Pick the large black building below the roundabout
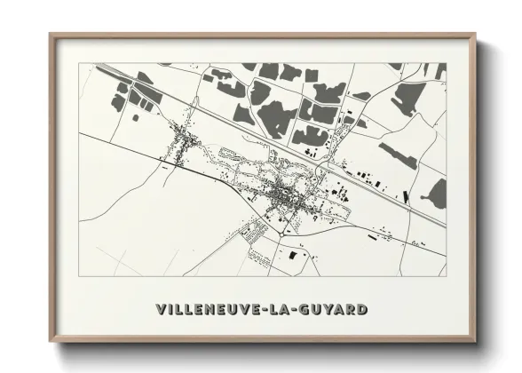click(x=293, y=256)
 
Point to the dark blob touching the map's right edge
click(x=437, y=194)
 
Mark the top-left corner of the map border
click(x=79, y=64)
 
